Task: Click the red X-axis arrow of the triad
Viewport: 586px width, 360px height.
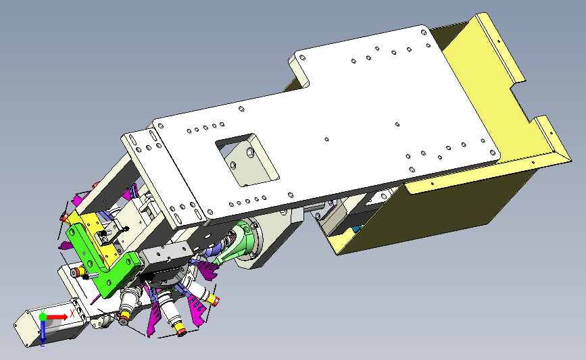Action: pos(56,317)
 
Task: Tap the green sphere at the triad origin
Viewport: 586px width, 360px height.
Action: pos(43,317)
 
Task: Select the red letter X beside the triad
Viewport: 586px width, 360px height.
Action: pos(72,313)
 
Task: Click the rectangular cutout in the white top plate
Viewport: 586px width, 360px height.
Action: pos(247,160)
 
